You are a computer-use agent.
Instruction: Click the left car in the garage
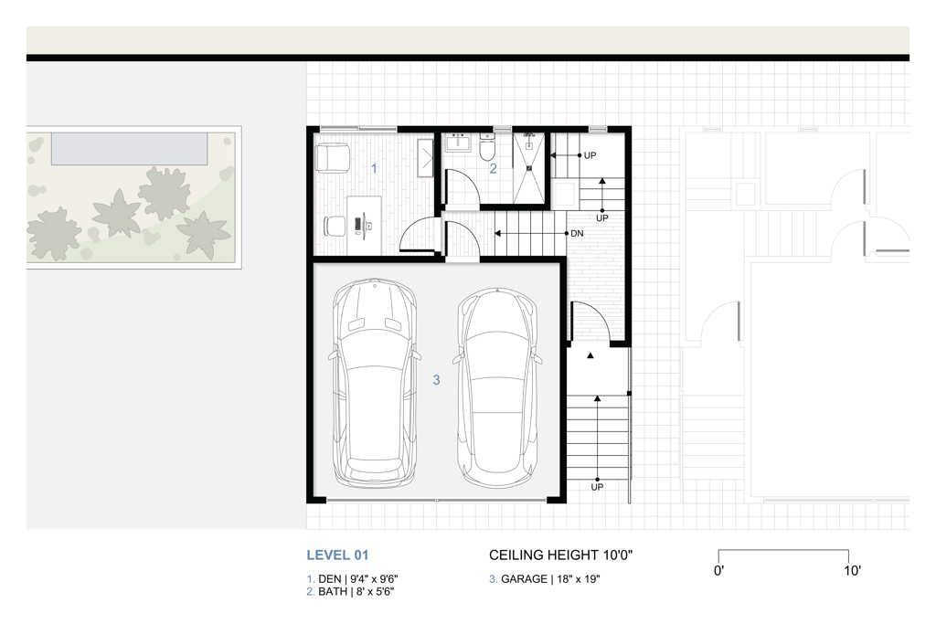(x=375, y=384)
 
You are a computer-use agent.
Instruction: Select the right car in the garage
(x=498, y=388)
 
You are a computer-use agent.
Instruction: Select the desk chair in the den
(x=335, y=224)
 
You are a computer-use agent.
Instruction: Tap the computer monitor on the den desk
(x=364, y=222)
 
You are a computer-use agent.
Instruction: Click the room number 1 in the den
(x=373, y=168)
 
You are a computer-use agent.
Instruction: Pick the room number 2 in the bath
(x=493, y=168)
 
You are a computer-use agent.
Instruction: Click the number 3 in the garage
(x=436, y=379)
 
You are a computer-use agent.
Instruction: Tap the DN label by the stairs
(x=577, y=234)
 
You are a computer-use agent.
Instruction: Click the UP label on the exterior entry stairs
(x=597, y=487)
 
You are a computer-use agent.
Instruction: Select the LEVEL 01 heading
(x=337, y=555)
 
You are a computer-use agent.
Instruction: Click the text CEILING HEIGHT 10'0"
(x=560, y=555)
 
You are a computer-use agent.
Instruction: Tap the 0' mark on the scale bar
(x=719, y=571)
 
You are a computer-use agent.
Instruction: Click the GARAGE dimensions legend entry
(x=545, y=579)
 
